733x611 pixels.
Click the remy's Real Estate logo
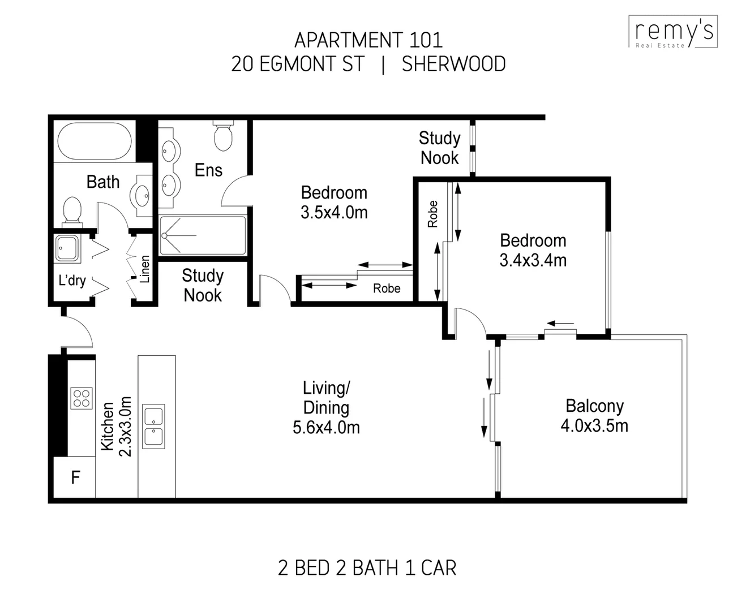pos(673,32)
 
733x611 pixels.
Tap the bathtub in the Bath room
pos(95,141)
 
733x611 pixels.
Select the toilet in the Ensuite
pos(224,135)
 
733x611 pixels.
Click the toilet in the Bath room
pos(72,209)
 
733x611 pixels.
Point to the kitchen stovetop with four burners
pos(82,397)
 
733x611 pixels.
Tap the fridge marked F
pos(75,477)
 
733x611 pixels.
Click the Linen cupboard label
pos(145,269)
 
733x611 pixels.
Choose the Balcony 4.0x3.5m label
pos(594,415)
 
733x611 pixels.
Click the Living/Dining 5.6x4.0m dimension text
pos(326,428)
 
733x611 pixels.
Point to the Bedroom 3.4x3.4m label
pos(533,250)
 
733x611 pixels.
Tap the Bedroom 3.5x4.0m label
pos(334,202)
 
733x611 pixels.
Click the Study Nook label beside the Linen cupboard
pos(203,285)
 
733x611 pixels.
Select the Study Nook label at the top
pos(439,148)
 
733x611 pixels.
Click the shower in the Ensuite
pos(203,235)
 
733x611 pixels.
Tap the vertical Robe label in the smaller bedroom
pos(433,214)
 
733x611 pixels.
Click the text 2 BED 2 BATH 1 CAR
pos(367,567)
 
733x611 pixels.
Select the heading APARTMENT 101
pos(368,40)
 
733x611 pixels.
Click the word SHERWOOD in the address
pos(453,64)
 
